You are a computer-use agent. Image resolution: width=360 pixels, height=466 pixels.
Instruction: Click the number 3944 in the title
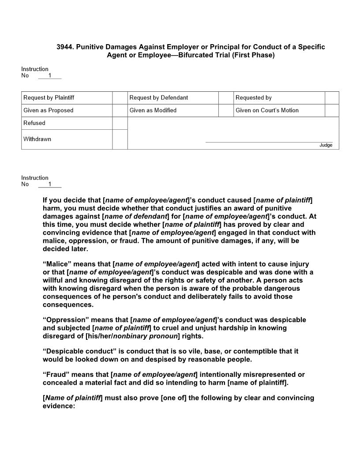pyautogui.click(x=64, y=47)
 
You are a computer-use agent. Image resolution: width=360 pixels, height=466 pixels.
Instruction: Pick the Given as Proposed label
pyautogui.click(x=49, y=110)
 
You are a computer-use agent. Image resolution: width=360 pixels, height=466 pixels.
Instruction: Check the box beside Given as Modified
pyautogui.click(x=120, y=110)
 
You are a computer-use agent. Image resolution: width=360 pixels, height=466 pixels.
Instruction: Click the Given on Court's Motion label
pyautogui.click(x=267, y=110)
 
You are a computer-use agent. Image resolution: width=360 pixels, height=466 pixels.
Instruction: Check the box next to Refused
pyautogui.click(x=120, y=123)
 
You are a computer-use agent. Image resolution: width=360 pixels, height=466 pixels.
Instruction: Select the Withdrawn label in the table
pyautogui.click(x=37, y=139)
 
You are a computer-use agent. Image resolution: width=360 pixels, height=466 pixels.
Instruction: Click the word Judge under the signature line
pyautogui.click(x=326, y=145)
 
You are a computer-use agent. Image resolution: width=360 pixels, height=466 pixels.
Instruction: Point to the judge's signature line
pyautogui.click(x=269, y=142)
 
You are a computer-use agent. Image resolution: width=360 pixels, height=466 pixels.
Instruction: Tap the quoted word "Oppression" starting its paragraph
pyautogui.click(x=63, y=319)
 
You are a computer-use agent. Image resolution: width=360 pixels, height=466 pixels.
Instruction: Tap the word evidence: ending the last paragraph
pyautogui.click(x=59, y=406)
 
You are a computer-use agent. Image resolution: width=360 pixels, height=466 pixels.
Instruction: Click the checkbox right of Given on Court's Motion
pyautogui.click(x=332, y=110)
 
